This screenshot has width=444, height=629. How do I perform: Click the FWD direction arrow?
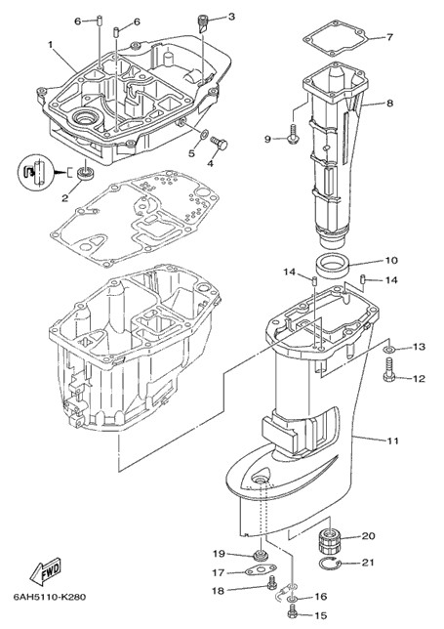click(46, 570)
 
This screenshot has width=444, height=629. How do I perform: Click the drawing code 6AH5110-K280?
click(50, 597)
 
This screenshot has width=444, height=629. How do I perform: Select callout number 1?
click(51, 45)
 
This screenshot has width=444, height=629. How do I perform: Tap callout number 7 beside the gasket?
click(389, 37)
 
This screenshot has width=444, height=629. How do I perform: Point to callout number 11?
click(392, 440)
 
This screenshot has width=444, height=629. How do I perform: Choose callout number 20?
click(368, 536)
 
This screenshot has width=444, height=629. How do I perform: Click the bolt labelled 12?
click(388, 371)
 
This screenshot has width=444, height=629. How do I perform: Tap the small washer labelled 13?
click(388, 349)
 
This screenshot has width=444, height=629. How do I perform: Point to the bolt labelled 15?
click(293, 613)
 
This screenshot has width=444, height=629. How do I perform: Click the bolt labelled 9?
click(292, 133)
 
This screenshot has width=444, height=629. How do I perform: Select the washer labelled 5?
click(203, 134)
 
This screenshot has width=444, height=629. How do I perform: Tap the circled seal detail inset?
click(35, 173)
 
